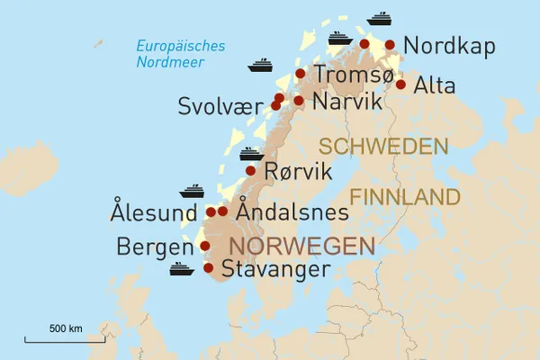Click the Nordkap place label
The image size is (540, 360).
coord(449,46)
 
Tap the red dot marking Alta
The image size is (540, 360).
coord(400,85)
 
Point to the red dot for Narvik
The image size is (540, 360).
coord(298,100)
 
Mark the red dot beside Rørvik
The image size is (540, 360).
coord(250,170)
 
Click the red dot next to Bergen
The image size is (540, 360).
coord(204,246)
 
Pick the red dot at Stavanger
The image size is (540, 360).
coord(209,267)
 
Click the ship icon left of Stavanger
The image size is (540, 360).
coord(182,269)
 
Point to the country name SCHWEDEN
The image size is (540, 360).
coord(383,147)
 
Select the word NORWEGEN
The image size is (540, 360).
coord(301,246)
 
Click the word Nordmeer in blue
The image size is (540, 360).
coord(168,62)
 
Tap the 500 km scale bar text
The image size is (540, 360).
coord(66,328)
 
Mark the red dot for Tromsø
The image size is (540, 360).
coord(301,74)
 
